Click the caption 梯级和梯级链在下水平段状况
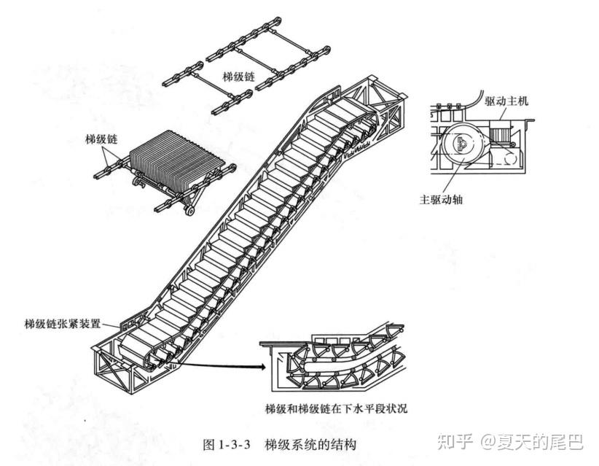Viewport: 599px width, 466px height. [336, 407]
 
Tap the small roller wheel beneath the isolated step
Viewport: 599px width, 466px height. [190, 211]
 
